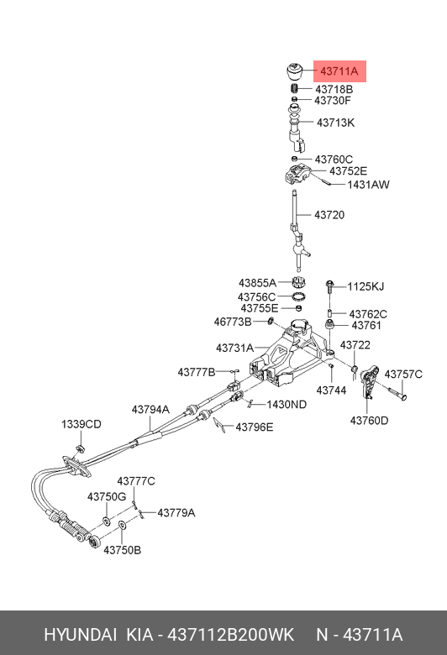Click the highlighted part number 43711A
coord(339,71)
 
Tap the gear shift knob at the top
coord(296,73)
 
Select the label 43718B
coord(334,89)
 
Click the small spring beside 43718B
coord(294,88)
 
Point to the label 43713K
coord(335,123)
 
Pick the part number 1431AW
coord(368,185)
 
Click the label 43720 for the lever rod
coord(329,215)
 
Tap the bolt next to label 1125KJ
coord(329,286)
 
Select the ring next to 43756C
coord(298,297)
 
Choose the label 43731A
coord(234,348)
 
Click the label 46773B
coord(233,322)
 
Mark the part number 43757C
coord(403,374)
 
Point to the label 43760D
coord(369,420)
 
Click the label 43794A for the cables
coord(150,410)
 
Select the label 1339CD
coord(82,424)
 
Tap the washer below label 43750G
coord(106,521)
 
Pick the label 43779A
coord(176,512)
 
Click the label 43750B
coord(122,550)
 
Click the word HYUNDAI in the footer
coord(81,635)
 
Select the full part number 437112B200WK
coord(230,635)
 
